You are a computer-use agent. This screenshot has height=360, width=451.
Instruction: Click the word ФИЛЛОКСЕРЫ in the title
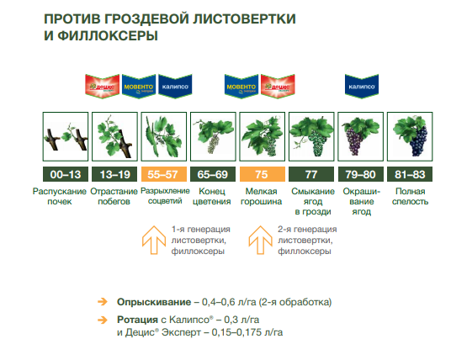point(108,36)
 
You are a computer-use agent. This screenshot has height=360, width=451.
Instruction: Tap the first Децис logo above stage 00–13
point(102,87)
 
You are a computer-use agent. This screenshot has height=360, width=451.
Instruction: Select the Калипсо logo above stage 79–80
point(362,87)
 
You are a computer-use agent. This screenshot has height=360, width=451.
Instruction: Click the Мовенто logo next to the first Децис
point(139,87)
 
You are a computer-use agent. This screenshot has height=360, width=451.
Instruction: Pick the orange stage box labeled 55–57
point(164,174)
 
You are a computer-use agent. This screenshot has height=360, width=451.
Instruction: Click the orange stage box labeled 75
point(263,174)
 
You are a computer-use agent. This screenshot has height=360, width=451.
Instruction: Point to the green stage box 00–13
point(66,174)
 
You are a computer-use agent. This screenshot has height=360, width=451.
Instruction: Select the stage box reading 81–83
point(410,174)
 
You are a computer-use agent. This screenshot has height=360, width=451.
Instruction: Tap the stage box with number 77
point(311,174)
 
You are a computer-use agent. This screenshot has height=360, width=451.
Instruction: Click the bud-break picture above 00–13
point(66,136)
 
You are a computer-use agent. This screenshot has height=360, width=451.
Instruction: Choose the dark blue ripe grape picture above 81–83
point(410,136)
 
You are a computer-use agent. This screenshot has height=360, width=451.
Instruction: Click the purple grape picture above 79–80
point(360,136)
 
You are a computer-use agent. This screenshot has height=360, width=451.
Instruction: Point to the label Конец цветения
point(212,196)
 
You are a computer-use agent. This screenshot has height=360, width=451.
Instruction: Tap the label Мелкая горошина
point(261,196)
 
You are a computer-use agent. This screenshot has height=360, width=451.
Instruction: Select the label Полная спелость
point(410,196)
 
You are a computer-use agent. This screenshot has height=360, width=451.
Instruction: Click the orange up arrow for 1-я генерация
point(154,240)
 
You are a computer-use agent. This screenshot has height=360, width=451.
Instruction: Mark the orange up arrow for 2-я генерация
point(260,240)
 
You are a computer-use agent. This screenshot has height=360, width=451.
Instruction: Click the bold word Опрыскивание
point(154,302)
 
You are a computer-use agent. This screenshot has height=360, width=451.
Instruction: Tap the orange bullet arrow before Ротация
point(103,320)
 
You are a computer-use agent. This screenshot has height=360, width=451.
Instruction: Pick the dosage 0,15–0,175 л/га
point(247,332)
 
